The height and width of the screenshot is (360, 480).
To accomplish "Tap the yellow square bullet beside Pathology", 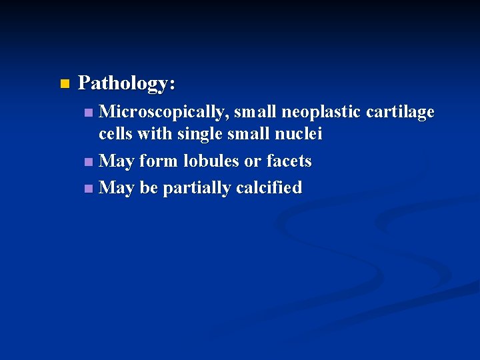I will (x=64, y=84).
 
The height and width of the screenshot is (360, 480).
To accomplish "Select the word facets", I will (x=289, y=161).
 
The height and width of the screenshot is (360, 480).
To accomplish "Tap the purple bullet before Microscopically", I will (x=89, y=113).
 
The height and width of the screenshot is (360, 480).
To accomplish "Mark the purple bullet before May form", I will (x=89, y=161).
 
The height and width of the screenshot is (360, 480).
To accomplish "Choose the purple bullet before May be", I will (x=89, y=189).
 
